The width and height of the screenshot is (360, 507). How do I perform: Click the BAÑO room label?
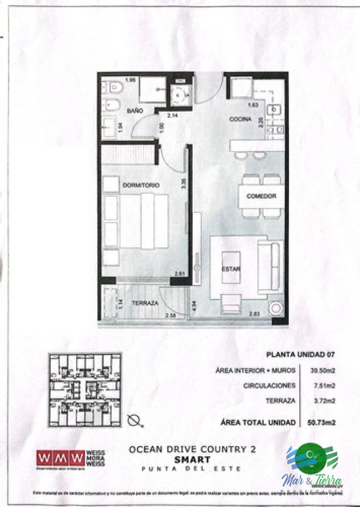point(135,111)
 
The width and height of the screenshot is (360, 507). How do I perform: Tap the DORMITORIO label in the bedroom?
point(140,185)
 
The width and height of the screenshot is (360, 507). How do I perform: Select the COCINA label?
point(239,119)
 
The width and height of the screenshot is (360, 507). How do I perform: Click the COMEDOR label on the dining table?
point(261,196)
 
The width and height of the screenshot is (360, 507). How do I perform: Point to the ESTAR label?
point(231,269)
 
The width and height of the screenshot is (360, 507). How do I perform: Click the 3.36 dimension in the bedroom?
point(184,184)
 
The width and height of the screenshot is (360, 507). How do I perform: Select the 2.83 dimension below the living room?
point(255,314)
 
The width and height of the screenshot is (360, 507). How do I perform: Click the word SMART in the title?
point(192,460)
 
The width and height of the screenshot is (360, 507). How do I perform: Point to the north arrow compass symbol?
point(134,420)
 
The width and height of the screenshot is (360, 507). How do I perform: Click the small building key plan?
point(85,389)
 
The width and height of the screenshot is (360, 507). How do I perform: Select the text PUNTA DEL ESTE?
point(192,469)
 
